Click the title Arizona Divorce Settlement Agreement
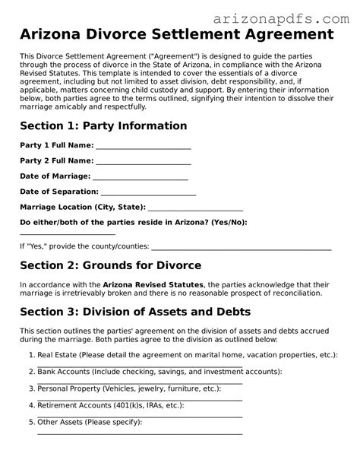pyautogui.click(x=176, y=35)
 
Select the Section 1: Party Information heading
pyautogui.click(x=103, y=125)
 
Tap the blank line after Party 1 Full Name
pyautogui.click(x=144, y=147)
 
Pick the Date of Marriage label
pyautogui.click(x=55, y=176)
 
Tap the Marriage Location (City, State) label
pyautogui.click(x=82, y=207)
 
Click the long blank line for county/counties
pyautogui.click(x=242, y=248)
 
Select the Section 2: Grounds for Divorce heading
pyautogui.click(x=110, y=265)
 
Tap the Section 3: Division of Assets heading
pyautogui.click(x=134, y=312)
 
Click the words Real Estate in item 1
pyautogui.click(x=55, y=354)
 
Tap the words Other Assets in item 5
pyautogui.click(x=58, y=422)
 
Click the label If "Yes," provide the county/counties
pyautogui.click(x=84, y=247)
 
